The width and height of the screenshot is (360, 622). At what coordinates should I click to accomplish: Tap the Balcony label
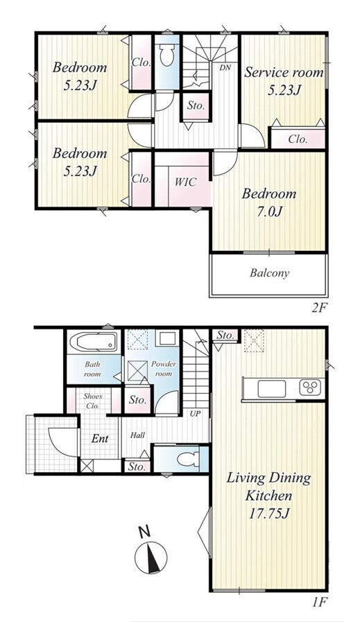tap(269, 273)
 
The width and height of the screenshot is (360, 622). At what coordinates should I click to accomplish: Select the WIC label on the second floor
tap(185, 182)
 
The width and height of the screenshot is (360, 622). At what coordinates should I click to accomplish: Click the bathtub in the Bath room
tap(94, 342)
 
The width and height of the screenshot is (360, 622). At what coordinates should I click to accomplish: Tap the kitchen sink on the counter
tap(271, 389)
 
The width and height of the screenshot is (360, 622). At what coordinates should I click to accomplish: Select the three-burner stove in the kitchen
tap(309, 388)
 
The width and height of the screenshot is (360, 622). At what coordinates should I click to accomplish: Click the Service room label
tap(284, 73)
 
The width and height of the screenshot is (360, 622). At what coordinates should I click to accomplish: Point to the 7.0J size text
tap(268, 212)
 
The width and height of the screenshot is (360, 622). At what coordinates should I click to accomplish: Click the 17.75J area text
tap(268, 514)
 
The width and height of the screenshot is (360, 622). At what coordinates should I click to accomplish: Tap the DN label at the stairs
tap(225, 68)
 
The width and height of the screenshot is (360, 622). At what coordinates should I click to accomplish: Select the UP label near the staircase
tap(196, 414)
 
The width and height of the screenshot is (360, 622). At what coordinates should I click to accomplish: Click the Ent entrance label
tap(100, 439)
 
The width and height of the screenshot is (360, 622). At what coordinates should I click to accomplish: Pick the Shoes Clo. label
tap(93, 401)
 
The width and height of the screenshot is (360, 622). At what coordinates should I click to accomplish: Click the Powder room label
tap(164, 369)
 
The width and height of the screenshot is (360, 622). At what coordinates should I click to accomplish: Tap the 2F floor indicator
tap(319, 308)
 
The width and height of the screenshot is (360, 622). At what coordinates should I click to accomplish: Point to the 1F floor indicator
tap(319, 603)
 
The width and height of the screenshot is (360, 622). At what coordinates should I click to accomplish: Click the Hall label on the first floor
tap(138, 435)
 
